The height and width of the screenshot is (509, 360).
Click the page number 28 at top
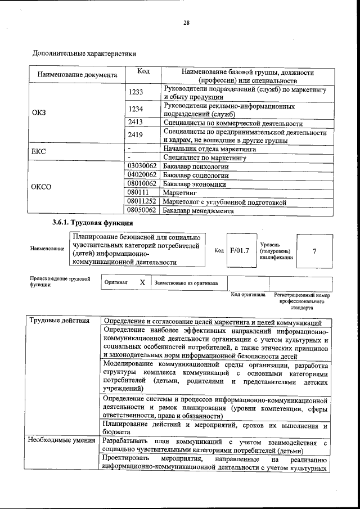pos(186,23)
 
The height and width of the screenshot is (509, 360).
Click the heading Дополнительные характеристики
pos(84,54)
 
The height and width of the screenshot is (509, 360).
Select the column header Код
pos(143,73)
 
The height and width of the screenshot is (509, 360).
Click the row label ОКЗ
pos(39,112)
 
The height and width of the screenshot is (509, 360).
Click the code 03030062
pos(142,166)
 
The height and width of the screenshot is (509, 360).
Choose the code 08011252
pos(142,201)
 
